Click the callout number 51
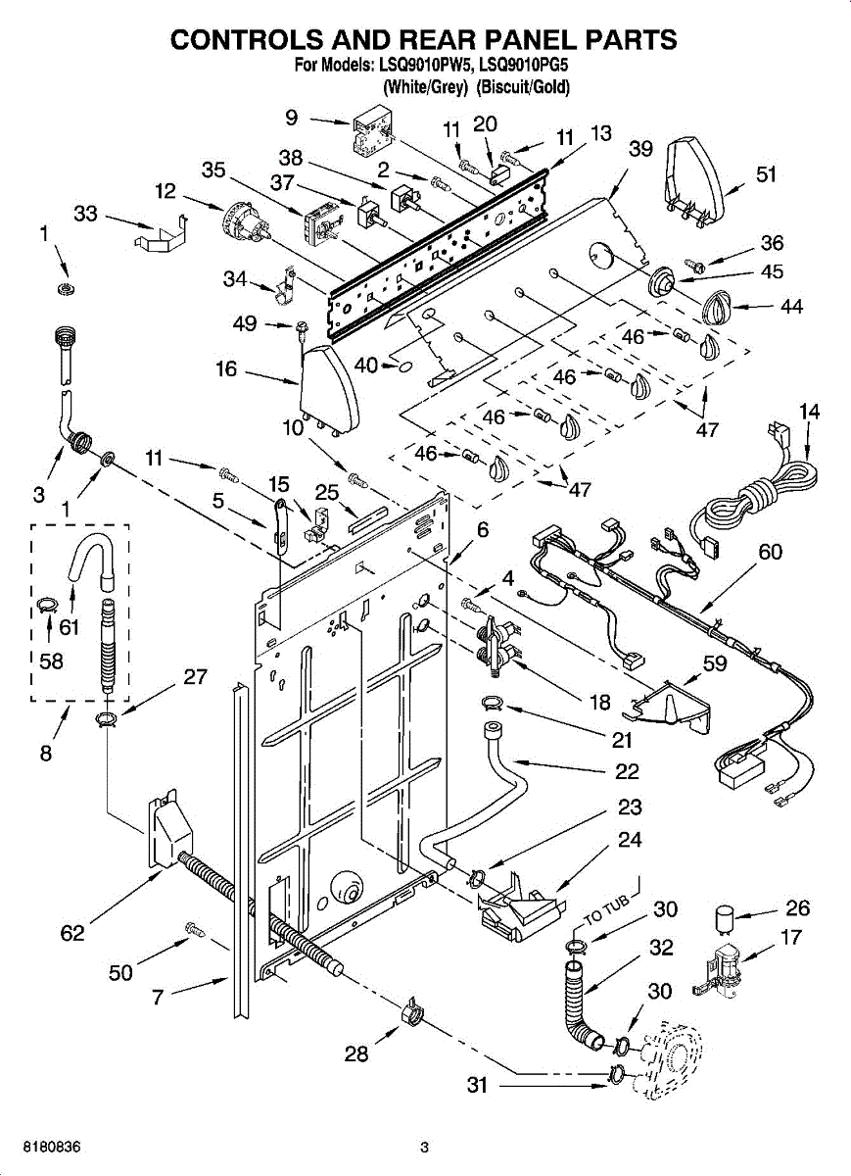pos(766,174)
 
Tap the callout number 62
pos(72,933)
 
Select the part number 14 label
pos(809,411)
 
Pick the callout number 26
pos(798,907)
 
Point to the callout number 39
pos(640,149)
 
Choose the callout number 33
pos(85,214)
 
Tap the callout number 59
pos(714,663)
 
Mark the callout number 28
pos(356,1053)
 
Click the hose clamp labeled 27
pos(108,719)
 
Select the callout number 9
pos(292,117)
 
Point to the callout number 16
pos(226,369)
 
